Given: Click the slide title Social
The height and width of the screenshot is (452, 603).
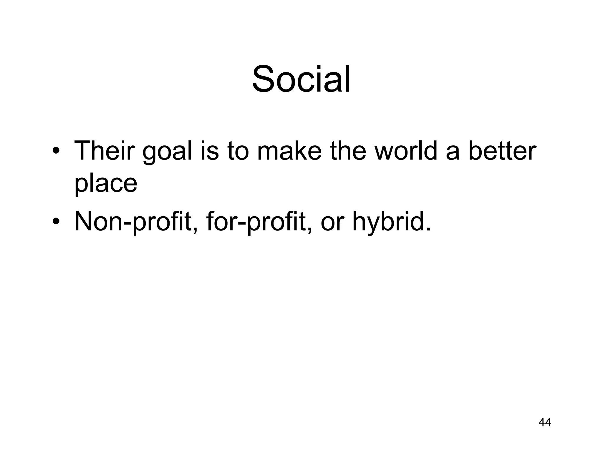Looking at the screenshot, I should [x=301, y=79].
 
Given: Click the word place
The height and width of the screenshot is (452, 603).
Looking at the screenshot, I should [x=106, y=184].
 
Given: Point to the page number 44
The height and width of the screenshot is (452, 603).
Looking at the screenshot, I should [x=544, y=431].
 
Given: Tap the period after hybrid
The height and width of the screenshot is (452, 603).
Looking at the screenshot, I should [x=428, y=229].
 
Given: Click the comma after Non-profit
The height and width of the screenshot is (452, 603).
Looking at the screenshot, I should [x=195, y=231].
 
